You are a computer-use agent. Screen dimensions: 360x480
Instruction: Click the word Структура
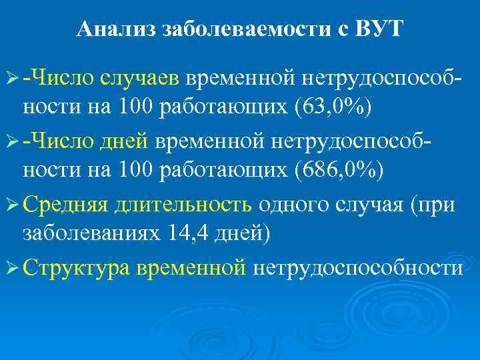click(x=77, y=267)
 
